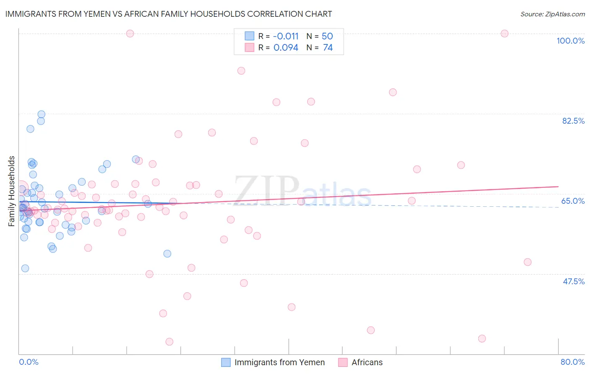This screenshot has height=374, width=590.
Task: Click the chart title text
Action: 168,14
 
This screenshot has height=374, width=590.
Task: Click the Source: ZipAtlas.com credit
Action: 552,14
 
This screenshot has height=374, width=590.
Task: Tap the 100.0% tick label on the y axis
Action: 570,41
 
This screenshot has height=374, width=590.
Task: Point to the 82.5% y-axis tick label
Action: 573,121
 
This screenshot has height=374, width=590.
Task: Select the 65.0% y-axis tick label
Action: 573,201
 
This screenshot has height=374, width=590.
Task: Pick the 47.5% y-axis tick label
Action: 573,281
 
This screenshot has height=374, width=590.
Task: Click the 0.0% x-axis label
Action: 29,362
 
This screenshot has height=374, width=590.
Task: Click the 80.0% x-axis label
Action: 572,362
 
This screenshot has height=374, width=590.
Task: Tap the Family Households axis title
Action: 12,191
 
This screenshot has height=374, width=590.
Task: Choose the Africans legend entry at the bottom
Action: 367,362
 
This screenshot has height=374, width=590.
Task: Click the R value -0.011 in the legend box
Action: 286,36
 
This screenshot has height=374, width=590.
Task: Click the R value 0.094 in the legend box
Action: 286,48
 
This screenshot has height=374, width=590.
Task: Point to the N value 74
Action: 328,48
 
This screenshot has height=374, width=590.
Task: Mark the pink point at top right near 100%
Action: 504,34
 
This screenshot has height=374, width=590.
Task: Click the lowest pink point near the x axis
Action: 170,342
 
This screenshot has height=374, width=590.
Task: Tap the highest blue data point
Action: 41,114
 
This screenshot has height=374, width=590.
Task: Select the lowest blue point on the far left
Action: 25,268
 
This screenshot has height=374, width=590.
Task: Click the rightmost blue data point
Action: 167,254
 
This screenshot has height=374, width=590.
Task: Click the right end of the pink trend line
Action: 558,186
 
